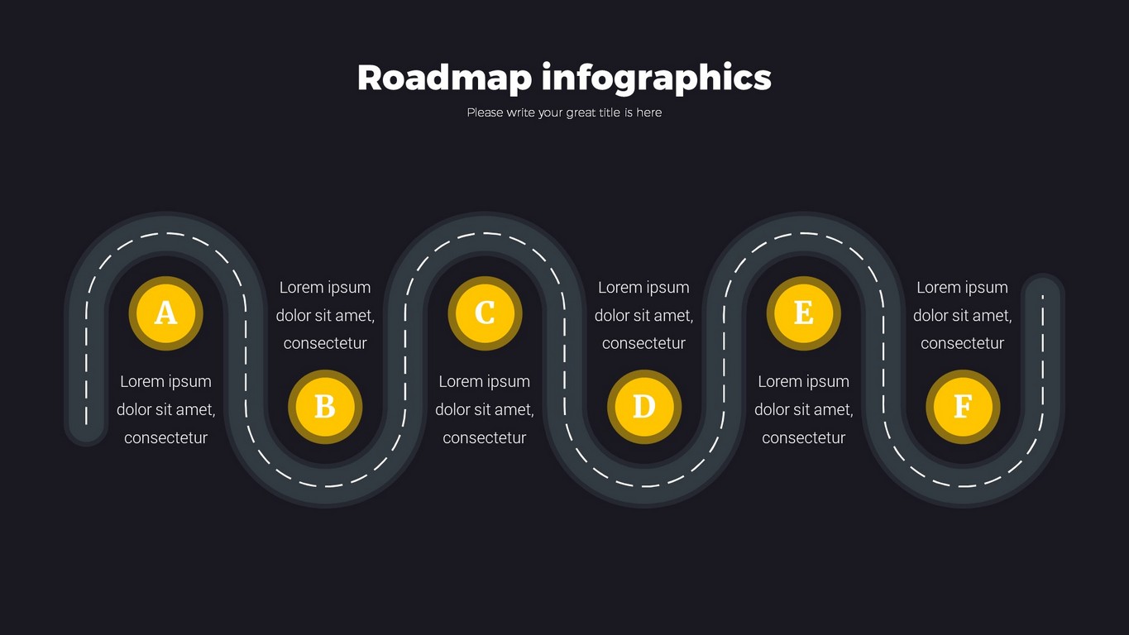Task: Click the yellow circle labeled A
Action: (x=165, y=313)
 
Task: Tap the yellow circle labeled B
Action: (x=325, y=407)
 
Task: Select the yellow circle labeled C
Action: (x=485, y=313)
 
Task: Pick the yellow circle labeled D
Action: (x=643, y=407)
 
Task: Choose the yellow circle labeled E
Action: (x=803, y=313)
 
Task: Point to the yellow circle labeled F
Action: (x=963, y=407)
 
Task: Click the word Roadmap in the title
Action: (x=443, y=78)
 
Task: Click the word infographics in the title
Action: (x=656, y=78)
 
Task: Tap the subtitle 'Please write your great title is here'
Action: (x=564, y=112)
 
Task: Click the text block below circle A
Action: (x=165, y=409)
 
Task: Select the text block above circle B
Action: (x=325, y=315)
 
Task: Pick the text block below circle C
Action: (x=485, y=409)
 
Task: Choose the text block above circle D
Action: (x=643, y=315)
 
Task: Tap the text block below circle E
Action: (x=803, y=409)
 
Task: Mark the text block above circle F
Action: (x=963, y=315)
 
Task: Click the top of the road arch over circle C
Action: (x=485, y=234)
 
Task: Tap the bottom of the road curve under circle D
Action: (x=643, y=485)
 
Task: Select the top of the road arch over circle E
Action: (x=803, y=234)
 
